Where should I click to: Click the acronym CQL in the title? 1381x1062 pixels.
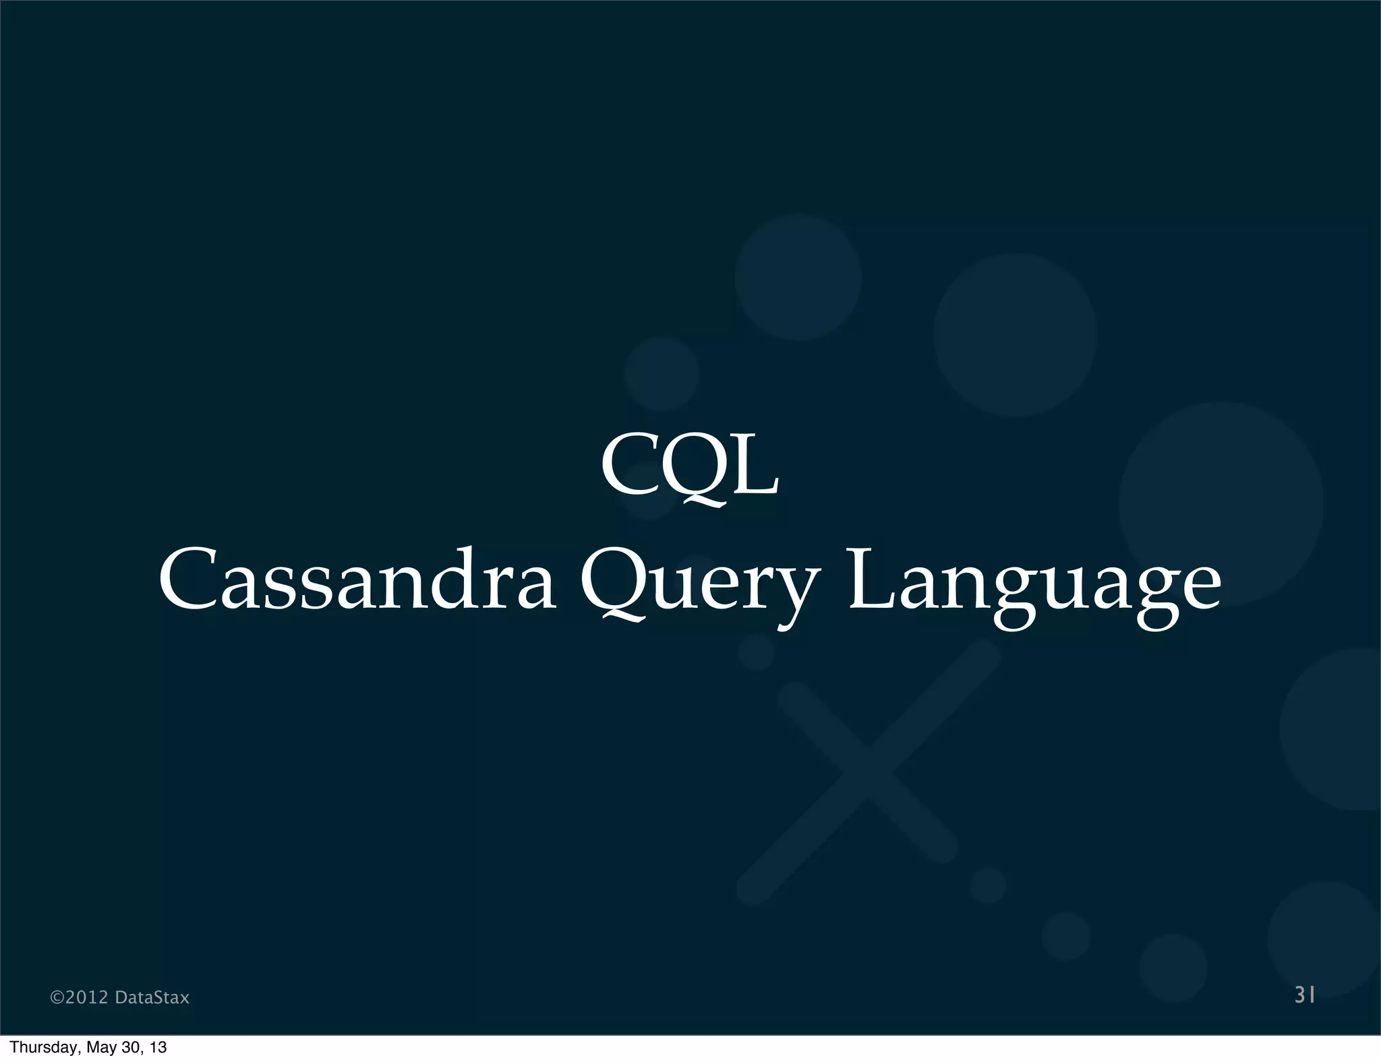[x=690, y=466]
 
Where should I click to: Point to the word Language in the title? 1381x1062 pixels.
[x=1034, y=584]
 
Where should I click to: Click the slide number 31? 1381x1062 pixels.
[x=1305, y=995]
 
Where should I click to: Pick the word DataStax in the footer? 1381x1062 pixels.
[x=152, y=997]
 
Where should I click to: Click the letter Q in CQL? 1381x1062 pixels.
[x=696, y=468]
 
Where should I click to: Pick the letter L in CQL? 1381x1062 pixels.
[x=755, y=466]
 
